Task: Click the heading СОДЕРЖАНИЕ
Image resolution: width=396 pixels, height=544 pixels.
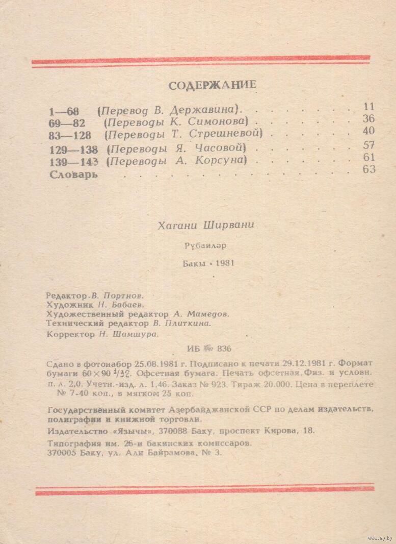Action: [x=212, y=85]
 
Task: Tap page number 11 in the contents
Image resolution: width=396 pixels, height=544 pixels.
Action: [x=369, y=107]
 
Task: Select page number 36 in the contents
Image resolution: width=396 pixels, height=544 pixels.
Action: [x=369, y=119]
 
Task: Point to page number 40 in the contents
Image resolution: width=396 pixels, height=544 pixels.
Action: [x=369, y=131]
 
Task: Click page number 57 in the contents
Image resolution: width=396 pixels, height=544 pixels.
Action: [x=369, y=145]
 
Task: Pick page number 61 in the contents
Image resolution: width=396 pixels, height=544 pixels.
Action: [x=369, y=157]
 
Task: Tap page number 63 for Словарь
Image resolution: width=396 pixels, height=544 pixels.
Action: [x=369, y=169]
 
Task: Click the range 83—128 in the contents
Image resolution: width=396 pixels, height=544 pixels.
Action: [x=70, y=135]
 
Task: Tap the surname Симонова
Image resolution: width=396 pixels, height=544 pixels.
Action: [x=218, y=122]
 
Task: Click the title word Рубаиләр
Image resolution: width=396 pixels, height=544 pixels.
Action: [x=205, y=245]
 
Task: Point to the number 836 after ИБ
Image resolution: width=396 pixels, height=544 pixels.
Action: [x=224, y=349]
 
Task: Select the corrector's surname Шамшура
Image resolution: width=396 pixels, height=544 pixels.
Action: [x=137, y=334]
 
